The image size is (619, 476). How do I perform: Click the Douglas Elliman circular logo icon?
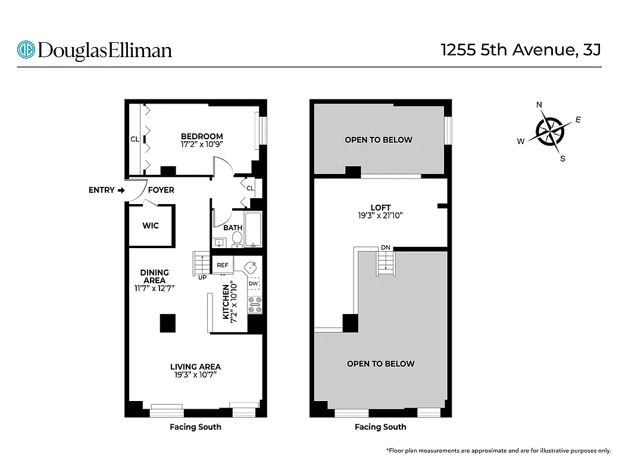pos(26,49)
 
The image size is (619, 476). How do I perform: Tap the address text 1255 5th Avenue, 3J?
pos(520,49)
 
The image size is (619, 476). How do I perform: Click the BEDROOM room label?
pos(202,136)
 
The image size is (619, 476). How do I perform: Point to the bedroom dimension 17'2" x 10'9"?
pos(202,144)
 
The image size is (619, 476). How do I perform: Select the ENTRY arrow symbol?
pos(121,190)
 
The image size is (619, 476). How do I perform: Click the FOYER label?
pos(161,190)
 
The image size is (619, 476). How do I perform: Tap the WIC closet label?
pos(151,226)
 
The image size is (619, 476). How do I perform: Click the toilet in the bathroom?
pos(236,239)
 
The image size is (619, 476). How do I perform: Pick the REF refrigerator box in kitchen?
pos(223,265)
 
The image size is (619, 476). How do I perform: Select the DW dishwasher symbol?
pos(254,284)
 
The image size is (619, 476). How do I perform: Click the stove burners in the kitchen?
pos(255,304)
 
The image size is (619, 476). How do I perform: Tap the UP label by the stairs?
pos(202,277)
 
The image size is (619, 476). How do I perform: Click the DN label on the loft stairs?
pos(385,248)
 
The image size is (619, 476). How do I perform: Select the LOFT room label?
pos(380,208)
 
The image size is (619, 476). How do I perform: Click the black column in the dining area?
pos(167,322)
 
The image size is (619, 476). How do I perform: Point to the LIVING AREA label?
pos(195,367)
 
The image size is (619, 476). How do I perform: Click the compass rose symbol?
pos(550,131)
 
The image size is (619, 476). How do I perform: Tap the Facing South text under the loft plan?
pos(380,427)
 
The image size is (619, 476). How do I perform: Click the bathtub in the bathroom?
pos(254,229)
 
